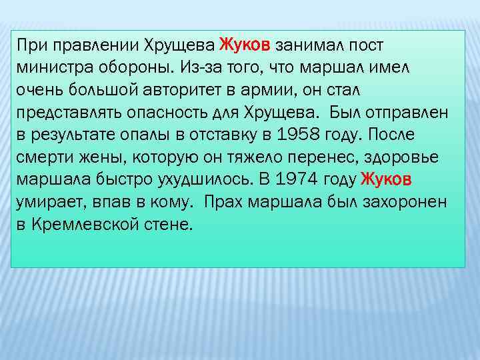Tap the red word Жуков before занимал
click(x=244, y=45)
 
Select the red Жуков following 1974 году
click(x=387, y=179)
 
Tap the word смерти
click(x=41, y=156)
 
